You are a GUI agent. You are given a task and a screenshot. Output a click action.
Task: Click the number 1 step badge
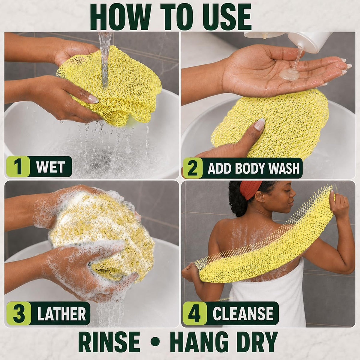pos(18,166)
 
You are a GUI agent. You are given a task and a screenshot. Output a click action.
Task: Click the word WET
pos(50,166)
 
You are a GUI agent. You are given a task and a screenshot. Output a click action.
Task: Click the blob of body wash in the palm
pos(289,74)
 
